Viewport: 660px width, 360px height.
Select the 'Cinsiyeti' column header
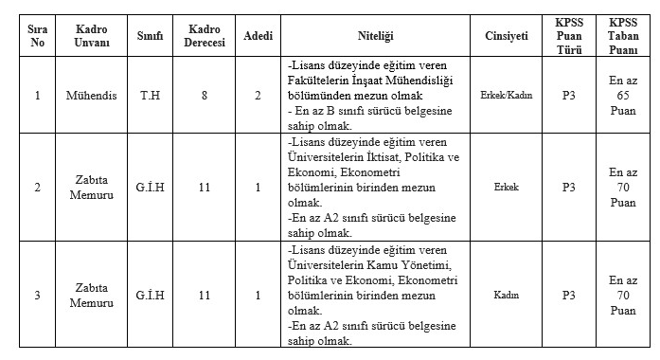(507, 35)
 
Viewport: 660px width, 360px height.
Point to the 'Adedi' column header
(258, 35)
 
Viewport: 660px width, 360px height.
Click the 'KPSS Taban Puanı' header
(623, 35)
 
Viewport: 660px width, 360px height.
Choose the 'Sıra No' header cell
(37, 35)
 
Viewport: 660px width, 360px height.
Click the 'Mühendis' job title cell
(91, 96)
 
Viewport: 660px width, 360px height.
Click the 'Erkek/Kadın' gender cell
(507, 96)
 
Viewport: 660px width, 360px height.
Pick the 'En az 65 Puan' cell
(623, 96)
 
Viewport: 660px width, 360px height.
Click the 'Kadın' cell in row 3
(507, 295)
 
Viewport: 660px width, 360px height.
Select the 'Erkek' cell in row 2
(507, 188)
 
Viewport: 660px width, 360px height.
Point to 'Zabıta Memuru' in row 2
(91, 188)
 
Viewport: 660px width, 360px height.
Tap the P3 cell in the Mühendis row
(568, 96)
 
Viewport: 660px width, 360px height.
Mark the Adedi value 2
(258, 96)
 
